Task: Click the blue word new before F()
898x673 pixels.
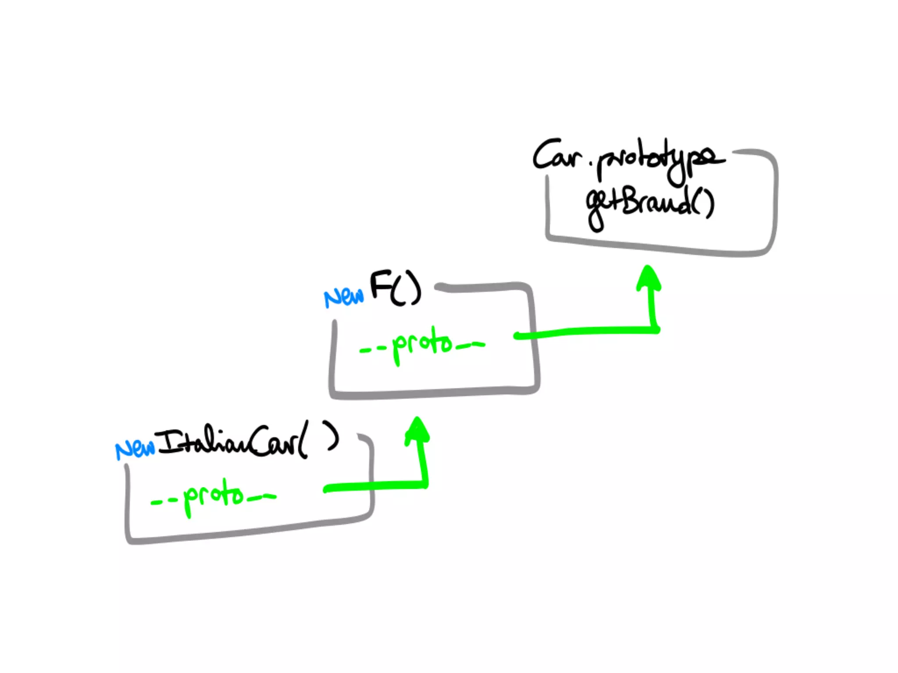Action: (344, 298)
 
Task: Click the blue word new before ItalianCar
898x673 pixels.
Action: (135, 449)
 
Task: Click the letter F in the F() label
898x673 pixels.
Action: (380, 285)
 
